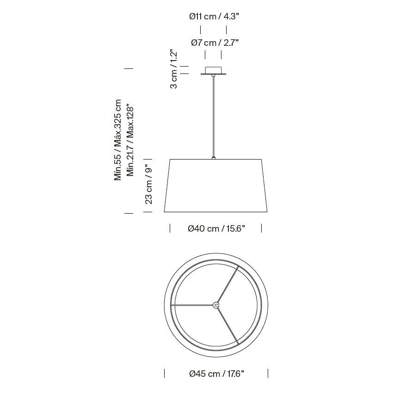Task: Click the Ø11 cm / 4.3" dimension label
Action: [x=214, y=17]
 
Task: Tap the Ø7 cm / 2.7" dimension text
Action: [x=215, y=43]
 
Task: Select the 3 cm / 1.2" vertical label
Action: [x=174, y=69]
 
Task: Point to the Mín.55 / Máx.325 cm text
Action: [x=118, y=140]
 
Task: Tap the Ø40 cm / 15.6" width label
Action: [x=216, y=228]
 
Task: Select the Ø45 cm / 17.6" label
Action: [x=216, y=374]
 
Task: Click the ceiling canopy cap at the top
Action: [x=213, y=69]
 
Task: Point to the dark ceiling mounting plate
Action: [x=213, y=74]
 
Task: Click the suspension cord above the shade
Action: [x=213, y=116]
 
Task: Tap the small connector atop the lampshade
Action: [x=213, y=158]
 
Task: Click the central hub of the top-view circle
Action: [x=216, y=305]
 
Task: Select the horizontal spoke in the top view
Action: [x=193, y=305]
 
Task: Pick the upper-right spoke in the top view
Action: [x=227, y=285]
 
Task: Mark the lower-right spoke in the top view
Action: [x=227, y=325]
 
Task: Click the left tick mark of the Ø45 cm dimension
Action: [x=165, y=373]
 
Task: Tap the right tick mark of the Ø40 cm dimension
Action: [x=262, y=228]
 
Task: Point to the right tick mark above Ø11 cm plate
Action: [x=226, y=30]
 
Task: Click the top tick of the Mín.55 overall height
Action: [x=129, y=68]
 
